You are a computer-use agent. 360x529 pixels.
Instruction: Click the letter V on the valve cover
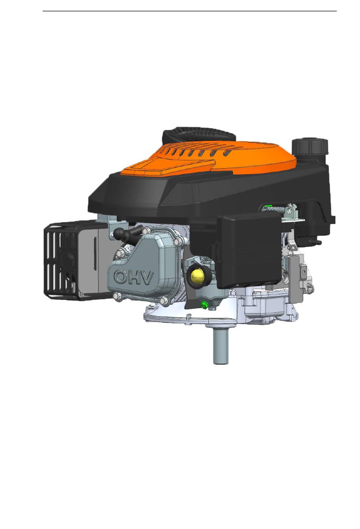147,278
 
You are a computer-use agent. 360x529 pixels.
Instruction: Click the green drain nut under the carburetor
203,304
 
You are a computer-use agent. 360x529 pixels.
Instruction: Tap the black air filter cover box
249,250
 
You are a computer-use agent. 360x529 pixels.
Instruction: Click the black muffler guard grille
61,260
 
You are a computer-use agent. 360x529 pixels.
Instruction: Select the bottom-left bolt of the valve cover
116,295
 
